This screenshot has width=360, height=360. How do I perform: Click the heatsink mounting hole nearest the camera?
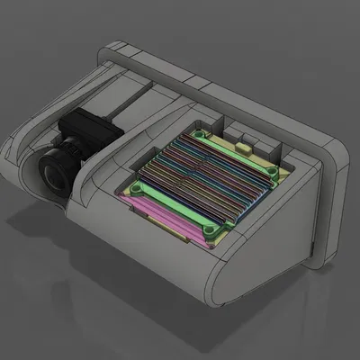point(135,191)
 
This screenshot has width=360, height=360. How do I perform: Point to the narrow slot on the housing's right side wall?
point(310,246)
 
